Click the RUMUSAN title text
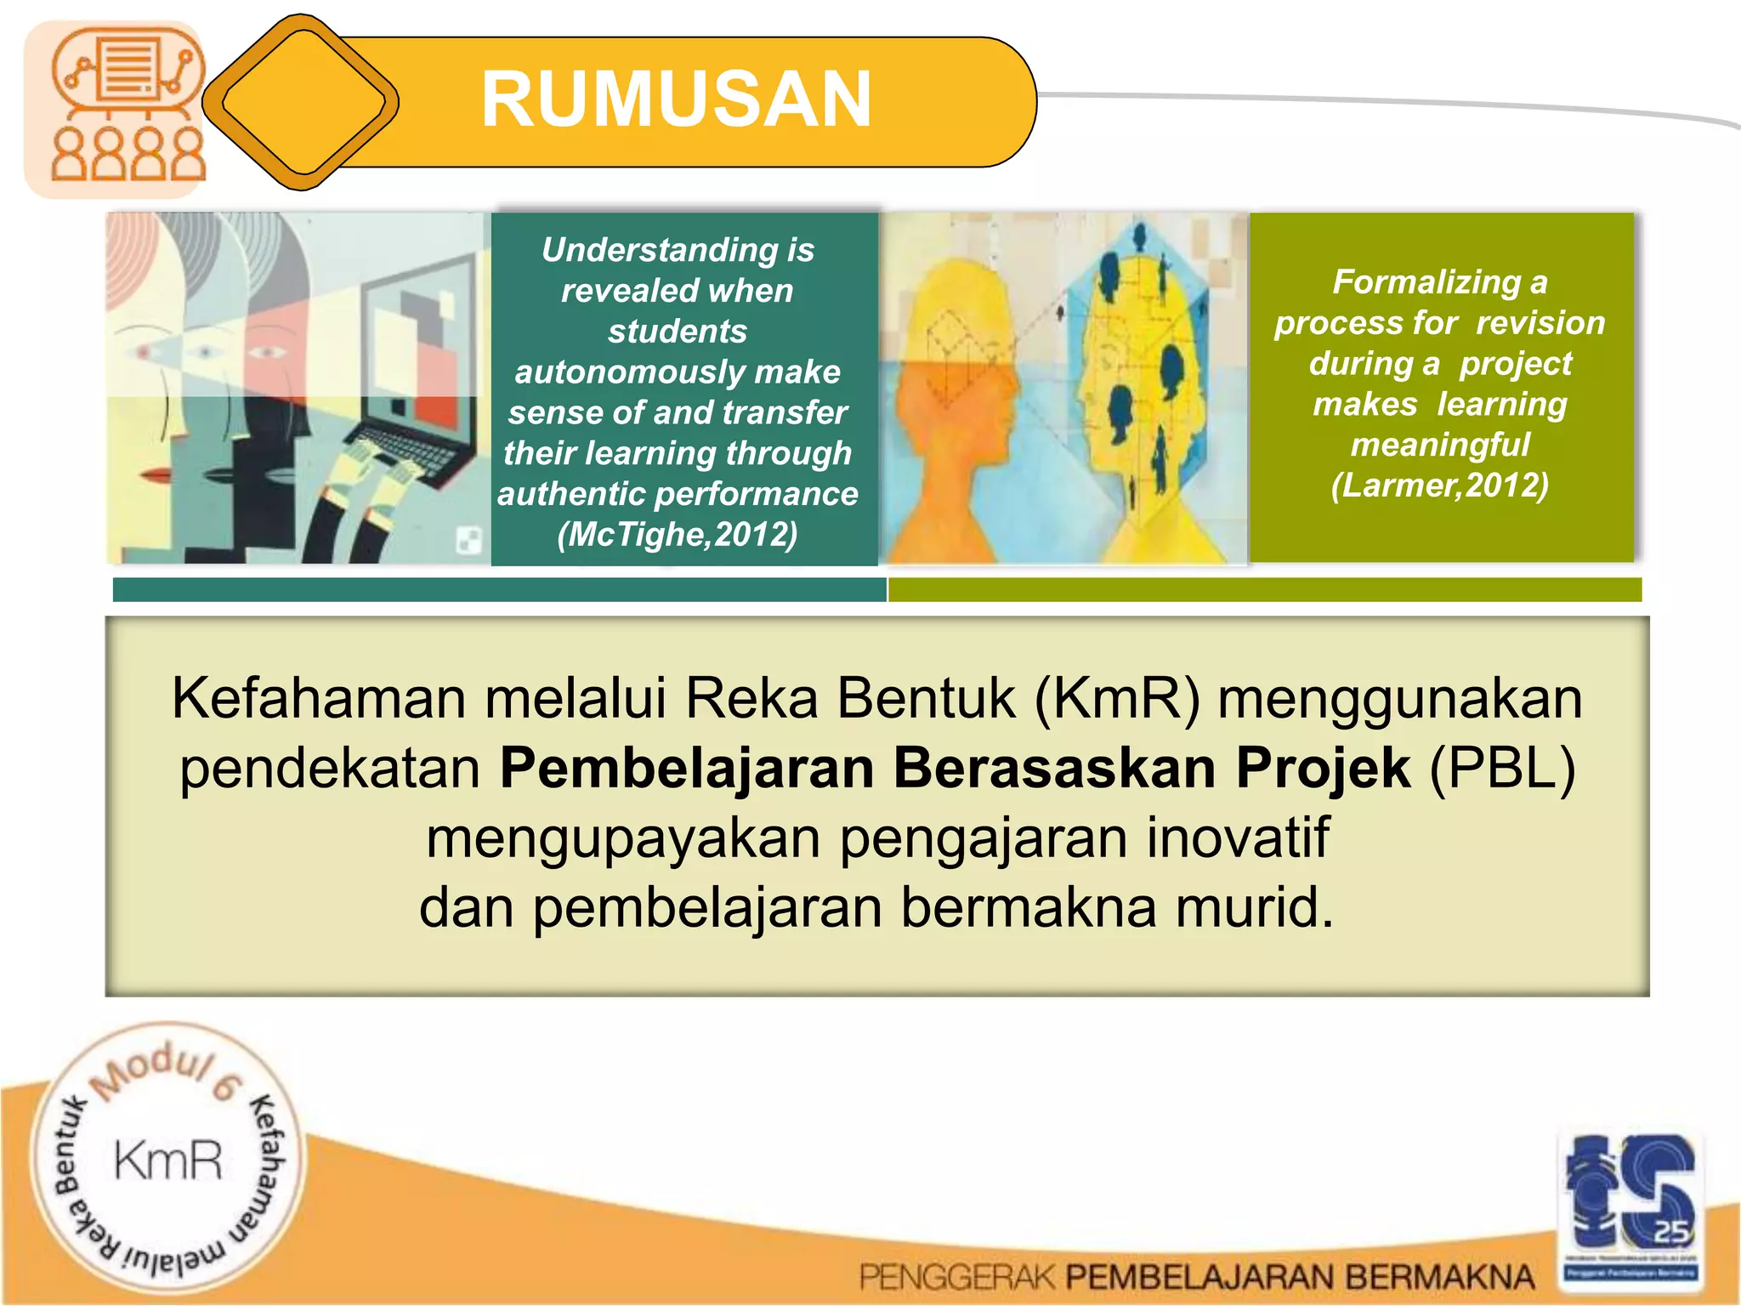676,99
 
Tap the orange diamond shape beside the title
301,102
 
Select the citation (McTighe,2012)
678,535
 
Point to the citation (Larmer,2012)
1439,485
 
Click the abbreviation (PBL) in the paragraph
1503,769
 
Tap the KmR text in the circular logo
168,1161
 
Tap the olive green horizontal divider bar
1264,589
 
